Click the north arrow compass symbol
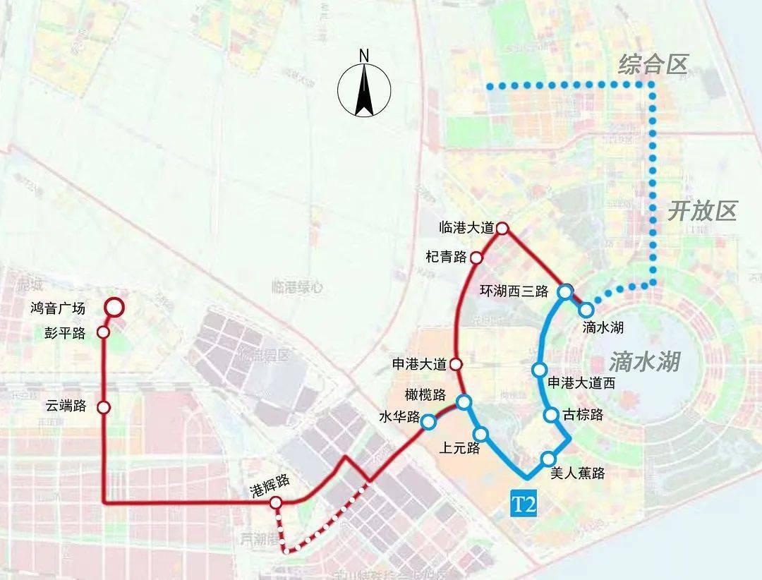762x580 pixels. tap(364, 88)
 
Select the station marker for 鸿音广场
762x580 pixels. tap(114, 307)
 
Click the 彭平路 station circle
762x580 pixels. tap(104, 332)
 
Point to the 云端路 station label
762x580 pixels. tap(66, 406)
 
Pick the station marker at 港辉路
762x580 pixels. tap(276, 502)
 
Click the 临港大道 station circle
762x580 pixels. tap(502, 228)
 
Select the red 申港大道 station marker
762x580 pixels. tap(456, 365)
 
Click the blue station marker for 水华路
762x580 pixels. tap(428, 422)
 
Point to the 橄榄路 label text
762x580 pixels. tap(425, 394)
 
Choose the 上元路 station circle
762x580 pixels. tap(481, 434)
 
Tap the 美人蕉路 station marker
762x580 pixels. tap(548, 459)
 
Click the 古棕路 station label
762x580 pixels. tap(583, 415)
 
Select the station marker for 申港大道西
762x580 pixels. tap(540, 370)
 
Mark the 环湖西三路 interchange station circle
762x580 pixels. tap(565, 291)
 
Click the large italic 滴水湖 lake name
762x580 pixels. tap(643, 362)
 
